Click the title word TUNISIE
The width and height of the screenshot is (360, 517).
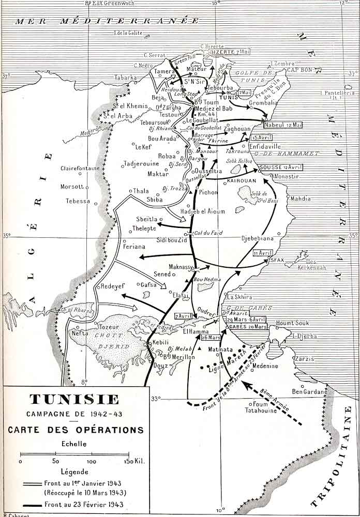coord(74,399)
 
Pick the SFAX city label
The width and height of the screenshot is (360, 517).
coord(278,261)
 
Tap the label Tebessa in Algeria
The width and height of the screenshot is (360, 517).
coord(78,201)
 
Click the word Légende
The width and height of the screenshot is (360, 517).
coord(74,472)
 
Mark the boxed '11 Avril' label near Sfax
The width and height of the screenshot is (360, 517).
coord(263,253)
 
